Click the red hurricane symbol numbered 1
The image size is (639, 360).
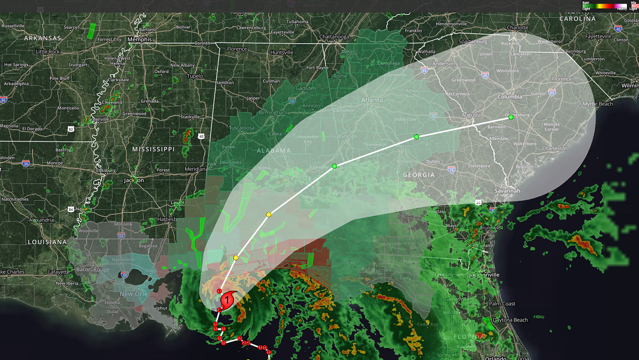228,299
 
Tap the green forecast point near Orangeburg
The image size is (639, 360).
510,117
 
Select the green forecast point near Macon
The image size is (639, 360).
416,137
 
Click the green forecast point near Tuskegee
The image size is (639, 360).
334,166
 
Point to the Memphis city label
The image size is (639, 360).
140,40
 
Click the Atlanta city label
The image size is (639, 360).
372,99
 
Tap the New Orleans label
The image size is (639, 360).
135,294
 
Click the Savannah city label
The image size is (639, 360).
507,190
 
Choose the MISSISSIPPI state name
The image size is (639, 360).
153,149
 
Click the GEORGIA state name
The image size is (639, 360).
418,175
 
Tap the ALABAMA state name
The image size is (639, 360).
274,151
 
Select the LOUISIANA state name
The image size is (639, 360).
47,242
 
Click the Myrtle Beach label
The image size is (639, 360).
598,104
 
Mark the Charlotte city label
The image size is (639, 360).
517,28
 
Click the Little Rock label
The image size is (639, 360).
48,52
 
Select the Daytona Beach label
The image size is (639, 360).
511,320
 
